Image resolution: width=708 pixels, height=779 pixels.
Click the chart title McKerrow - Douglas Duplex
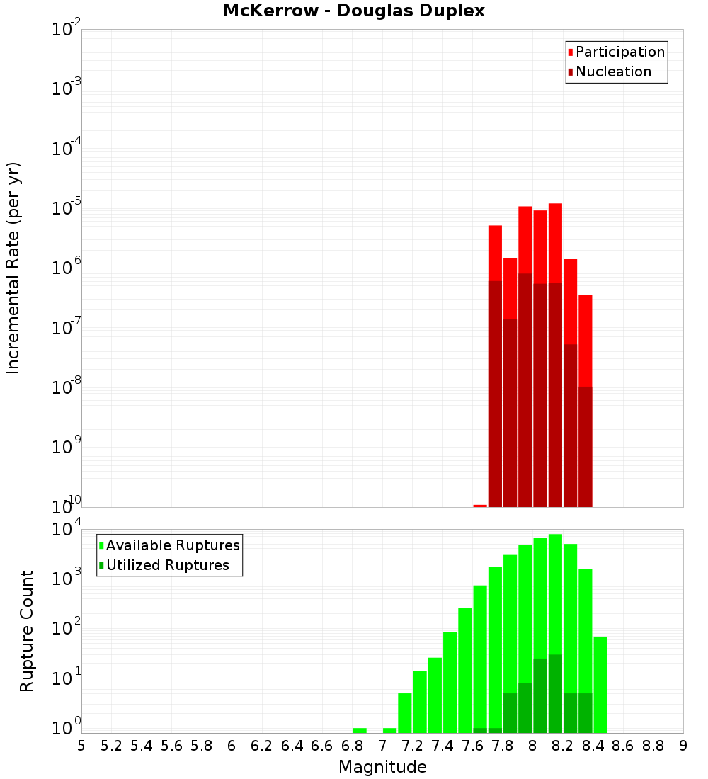point(354,11)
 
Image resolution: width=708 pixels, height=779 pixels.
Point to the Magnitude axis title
point(382,767)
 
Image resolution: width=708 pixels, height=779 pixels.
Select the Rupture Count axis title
point(27,631)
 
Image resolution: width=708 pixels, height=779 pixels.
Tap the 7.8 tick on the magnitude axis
point(503,746)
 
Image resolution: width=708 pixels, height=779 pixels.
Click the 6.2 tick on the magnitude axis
point(262,746)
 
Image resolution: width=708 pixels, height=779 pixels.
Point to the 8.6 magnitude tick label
point(623,746)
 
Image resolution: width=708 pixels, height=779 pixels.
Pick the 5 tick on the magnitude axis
point(81,746)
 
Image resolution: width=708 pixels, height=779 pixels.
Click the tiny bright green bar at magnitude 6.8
point(360,730)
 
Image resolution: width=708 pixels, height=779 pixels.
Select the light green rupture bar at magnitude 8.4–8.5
point(600,684)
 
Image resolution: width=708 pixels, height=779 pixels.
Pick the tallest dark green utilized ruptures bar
point(555,694)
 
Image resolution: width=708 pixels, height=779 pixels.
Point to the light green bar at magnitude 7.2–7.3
point(420,702)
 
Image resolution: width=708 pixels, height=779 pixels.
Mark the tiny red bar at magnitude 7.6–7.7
point(480,506)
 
